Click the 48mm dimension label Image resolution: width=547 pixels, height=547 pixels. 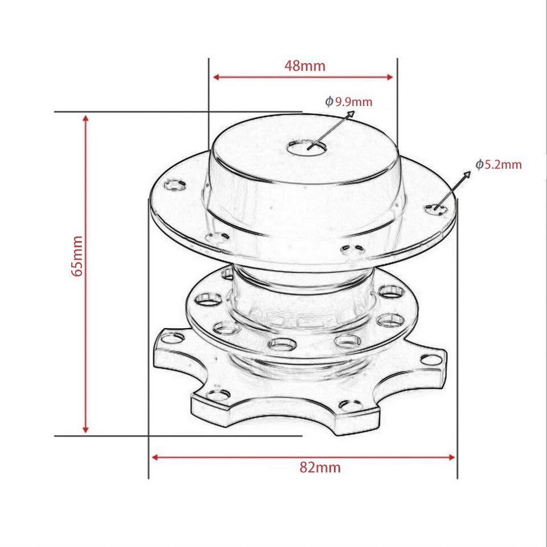305,66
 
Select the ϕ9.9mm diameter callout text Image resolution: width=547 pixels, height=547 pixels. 349,102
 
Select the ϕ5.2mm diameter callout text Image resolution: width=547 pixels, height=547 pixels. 499,165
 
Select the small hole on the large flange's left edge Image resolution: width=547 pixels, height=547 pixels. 174,185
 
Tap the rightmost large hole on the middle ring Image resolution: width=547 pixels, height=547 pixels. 390,292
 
